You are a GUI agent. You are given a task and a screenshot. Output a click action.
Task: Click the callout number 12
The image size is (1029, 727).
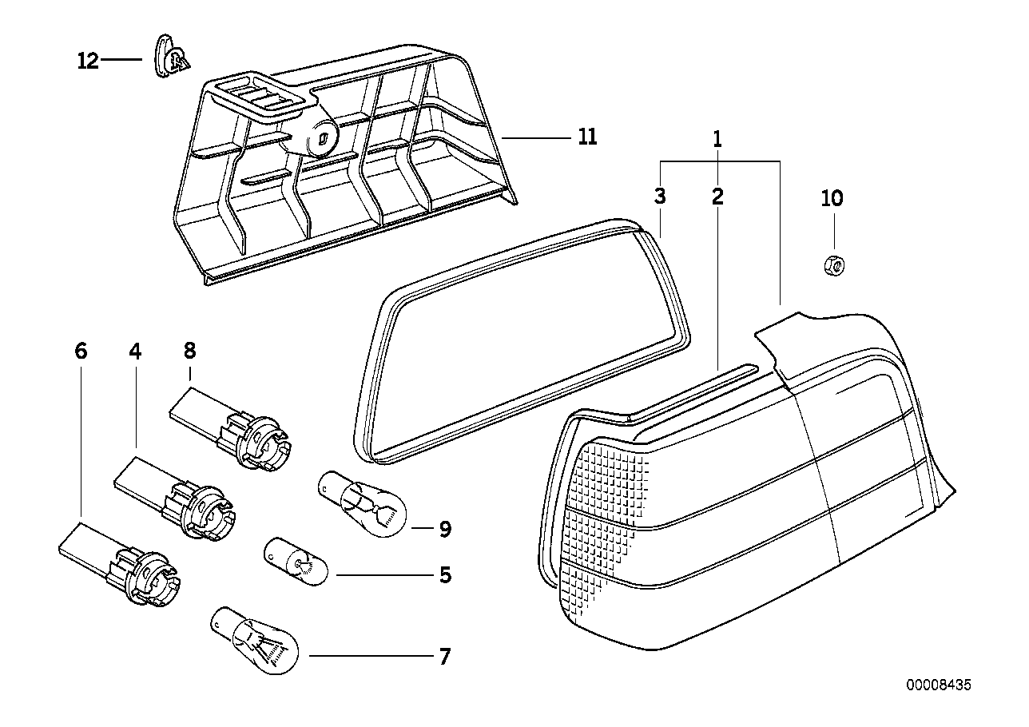click(88, 61)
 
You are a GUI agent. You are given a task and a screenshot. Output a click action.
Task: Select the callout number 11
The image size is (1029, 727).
click(587, 137)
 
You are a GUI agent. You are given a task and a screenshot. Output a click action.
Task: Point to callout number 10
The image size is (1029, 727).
click(832, 198)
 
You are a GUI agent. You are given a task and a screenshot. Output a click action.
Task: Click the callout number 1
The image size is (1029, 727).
click(717, 140)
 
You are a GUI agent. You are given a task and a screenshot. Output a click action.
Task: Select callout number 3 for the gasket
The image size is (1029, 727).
click(660, 197)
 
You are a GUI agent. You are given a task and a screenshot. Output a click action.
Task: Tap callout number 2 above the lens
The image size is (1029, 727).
click(717, 197)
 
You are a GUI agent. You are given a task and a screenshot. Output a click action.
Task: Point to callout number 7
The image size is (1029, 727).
click(444, 657)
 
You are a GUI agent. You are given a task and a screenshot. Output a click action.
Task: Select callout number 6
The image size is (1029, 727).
click(81, 351)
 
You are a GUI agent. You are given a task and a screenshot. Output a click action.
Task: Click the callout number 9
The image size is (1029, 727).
click(445, 528)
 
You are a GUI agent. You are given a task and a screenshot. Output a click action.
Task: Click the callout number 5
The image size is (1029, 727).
click(445, 574)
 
